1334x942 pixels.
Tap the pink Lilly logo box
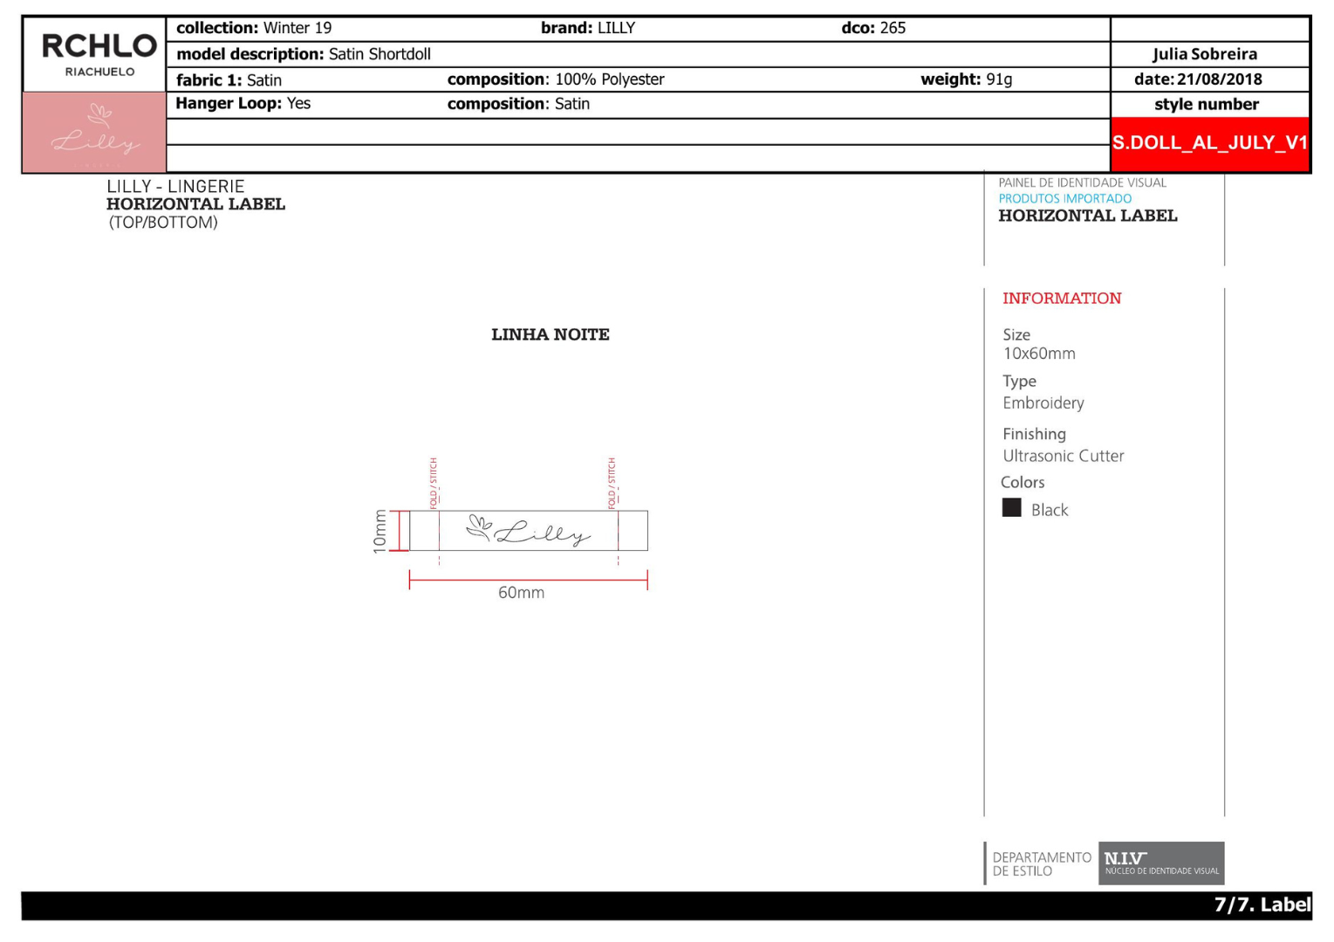pyautogui.click(x=94, y=133)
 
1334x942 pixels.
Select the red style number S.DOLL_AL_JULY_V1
pyautogui.click(x=1209, y=143)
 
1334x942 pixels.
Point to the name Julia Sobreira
pyautogui.click(x=1205, y=54)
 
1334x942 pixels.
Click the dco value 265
pyautogui.click(x=893, y=28)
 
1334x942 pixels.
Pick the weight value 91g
pyautogui.click(x=999, y=79)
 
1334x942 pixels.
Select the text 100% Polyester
pyautogui.click(x=609, y=79)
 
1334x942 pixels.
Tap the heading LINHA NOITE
pyautogui.click(x=551, y=334)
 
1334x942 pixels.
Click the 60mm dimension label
pyautogui.click(x=521, y=592)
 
